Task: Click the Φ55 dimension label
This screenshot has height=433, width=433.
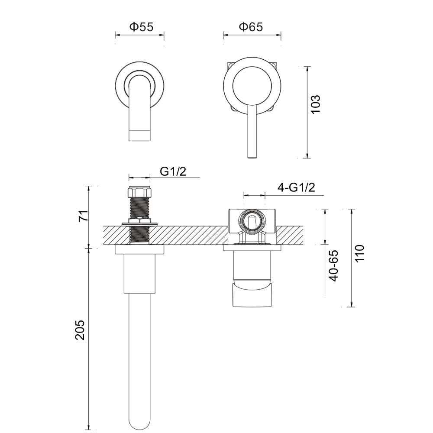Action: tap(141, 27)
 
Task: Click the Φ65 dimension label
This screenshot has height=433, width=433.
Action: tap(251, 27)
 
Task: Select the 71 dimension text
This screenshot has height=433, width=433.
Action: tap(83, 215)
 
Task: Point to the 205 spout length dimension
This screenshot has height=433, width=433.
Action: tap(81, 330)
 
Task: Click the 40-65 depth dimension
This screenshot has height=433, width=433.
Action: tap(333, 266)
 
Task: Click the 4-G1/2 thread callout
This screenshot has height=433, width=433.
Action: tap(296, 187)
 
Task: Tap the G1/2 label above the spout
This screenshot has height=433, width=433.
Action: tap(173, 171)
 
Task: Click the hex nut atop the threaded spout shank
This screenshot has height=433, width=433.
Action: tap(139, 191)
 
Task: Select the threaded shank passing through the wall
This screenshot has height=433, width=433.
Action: tap(139, 225)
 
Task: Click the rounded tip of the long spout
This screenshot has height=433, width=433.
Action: tap(139, 422)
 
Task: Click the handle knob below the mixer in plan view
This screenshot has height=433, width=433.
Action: tap(252, 294)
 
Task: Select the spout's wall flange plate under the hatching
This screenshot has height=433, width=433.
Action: tap(139, 250)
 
